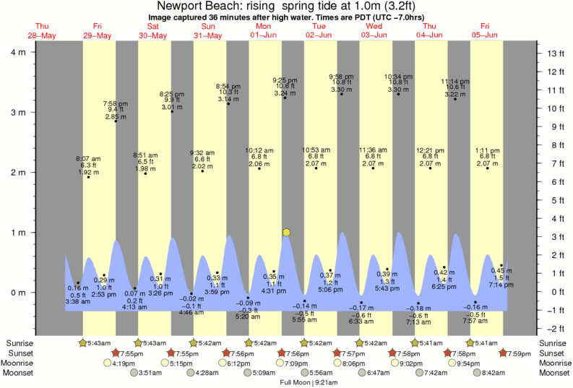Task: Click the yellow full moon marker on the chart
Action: pyautogui.click(x=287, y=232)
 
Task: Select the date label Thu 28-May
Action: pyautogui.click(x=42, y=30)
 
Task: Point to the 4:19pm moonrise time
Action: pyautogui.click(x=105, y=363)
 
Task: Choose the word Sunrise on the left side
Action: pyautogui.click(x=20, y=342)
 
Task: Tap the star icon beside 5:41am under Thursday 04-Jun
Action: pyautogui.click(x=415, y=342)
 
